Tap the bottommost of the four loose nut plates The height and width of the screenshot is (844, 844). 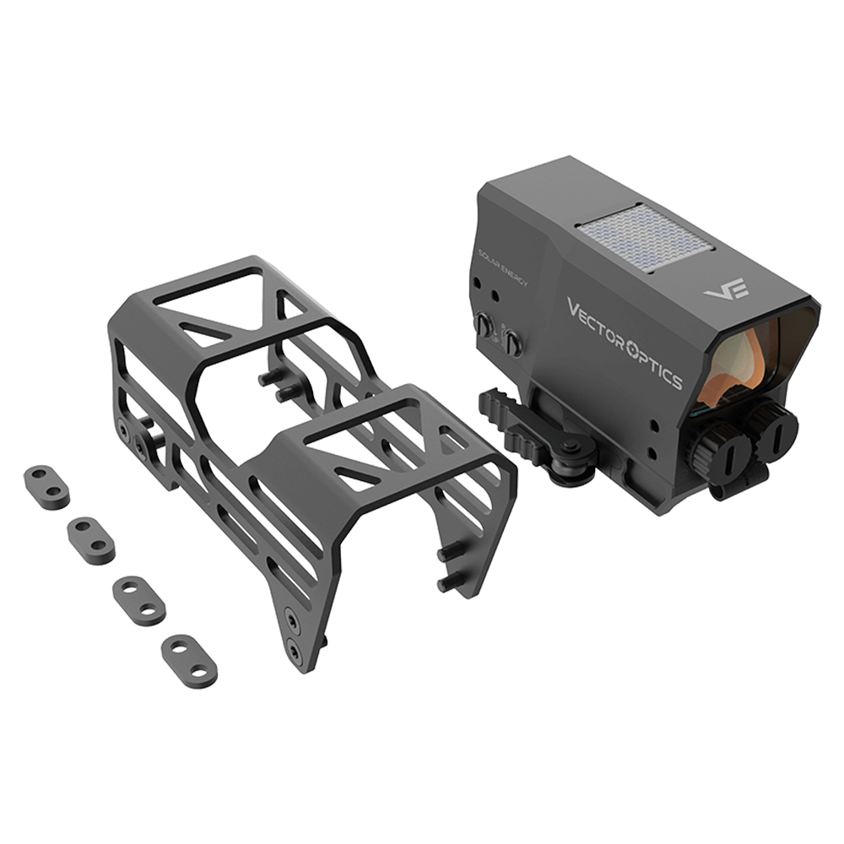point(189,657)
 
